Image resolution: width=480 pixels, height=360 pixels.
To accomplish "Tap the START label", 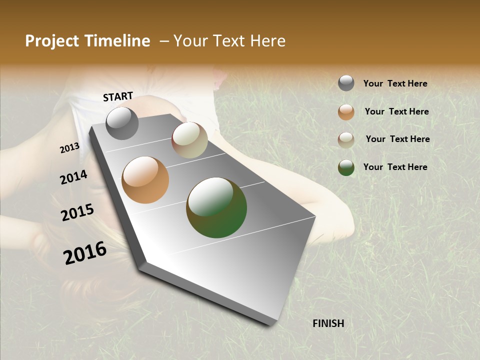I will tap(118, 96).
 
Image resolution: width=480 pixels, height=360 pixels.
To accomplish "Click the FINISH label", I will tap(328, 323).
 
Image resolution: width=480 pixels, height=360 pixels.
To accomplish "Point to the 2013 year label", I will tap(69, 148).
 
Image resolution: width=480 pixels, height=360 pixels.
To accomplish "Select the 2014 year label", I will tap(73, 177).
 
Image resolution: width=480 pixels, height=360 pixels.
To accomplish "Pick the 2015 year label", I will tap(77, 212).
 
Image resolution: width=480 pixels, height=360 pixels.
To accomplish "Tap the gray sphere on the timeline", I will tap(122, 123).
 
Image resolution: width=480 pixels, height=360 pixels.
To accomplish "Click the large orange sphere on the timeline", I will tap(145, 180).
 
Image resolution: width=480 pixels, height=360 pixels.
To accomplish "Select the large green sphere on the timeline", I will tap(216, 207).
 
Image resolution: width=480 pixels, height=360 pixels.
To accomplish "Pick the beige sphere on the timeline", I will tap(189, 140).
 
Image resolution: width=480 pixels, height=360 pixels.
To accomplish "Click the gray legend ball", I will tap(346, 83).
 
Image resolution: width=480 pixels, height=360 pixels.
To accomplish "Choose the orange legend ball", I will tap(346, 112).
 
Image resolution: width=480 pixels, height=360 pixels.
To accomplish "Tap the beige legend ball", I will tap(346, 140).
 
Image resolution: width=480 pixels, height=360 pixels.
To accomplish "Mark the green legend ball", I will tap(346, 167).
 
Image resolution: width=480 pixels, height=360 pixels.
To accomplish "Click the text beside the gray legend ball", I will tap(395, 83).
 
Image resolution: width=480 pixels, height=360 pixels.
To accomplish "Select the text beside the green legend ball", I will tap(395, 167).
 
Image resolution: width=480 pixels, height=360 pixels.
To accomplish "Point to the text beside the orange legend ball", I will tap(396, 111).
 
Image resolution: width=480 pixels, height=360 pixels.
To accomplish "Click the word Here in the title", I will tap(267, 41).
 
